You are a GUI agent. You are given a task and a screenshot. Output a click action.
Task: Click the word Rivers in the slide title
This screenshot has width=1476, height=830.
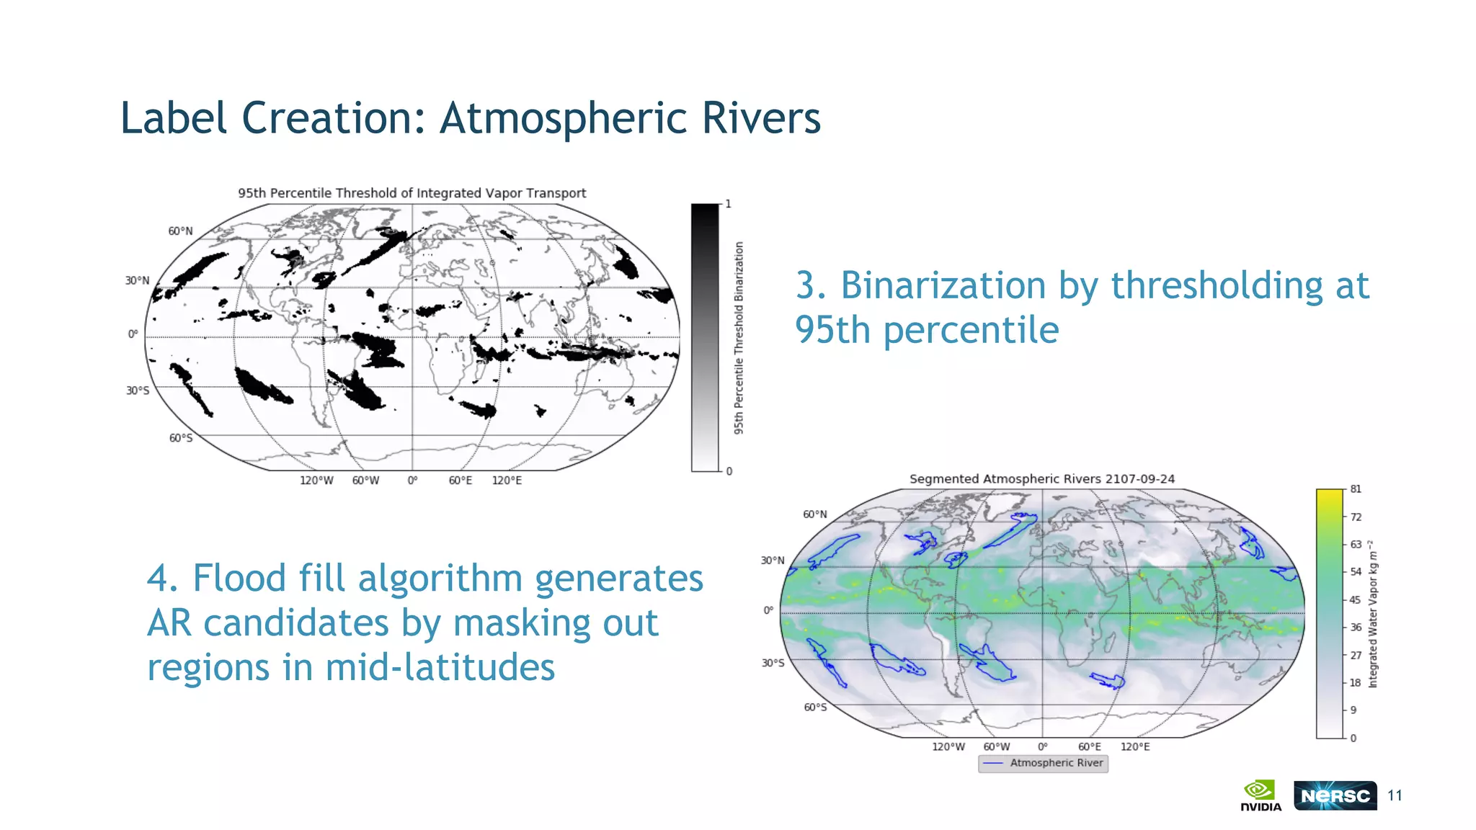coord(760,117)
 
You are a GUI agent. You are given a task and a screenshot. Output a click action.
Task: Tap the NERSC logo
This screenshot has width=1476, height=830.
coord(1335,795)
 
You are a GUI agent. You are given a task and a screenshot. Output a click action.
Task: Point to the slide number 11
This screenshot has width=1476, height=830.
coord(1395,795)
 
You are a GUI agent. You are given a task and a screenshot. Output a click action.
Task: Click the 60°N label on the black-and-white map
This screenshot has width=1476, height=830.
coord(180,231)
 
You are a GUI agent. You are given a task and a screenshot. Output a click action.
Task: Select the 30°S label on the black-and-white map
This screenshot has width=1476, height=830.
coord(138,391)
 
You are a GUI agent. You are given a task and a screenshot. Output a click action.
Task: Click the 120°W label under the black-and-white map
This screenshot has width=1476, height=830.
coord(316,481)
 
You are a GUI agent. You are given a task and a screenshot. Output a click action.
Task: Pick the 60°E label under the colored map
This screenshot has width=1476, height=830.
coord(1089,747)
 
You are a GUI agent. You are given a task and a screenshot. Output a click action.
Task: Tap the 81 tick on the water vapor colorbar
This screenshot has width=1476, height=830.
coord(1356,489)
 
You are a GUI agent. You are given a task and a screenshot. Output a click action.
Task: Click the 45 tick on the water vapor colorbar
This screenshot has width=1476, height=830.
coord(1355,599)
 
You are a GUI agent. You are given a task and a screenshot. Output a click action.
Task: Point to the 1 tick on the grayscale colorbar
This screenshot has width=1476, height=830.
coord(728,205)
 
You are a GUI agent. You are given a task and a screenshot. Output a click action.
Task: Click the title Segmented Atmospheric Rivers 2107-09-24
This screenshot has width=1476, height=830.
coord(1041,479)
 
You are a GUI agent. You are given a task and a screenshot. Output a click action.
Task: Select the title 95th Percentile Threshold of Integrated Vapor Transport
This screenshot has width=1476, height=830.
coord(412,193)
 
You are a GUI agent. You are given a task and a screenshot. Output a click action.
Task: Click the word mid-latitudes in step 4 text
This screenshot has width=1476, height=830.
coord(440,667)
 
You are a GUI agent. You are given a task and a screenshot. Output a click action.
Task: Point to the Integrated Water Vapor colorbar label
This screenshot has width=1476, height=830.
coord(1373,614)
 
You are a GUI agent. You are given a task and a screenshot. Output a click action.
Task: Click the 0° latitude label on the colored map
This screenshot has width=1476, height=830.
coord(768,610)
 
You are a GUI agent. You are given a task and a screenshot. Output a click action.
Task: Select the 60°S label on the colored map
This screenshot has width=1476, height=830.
coord(815,708)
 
